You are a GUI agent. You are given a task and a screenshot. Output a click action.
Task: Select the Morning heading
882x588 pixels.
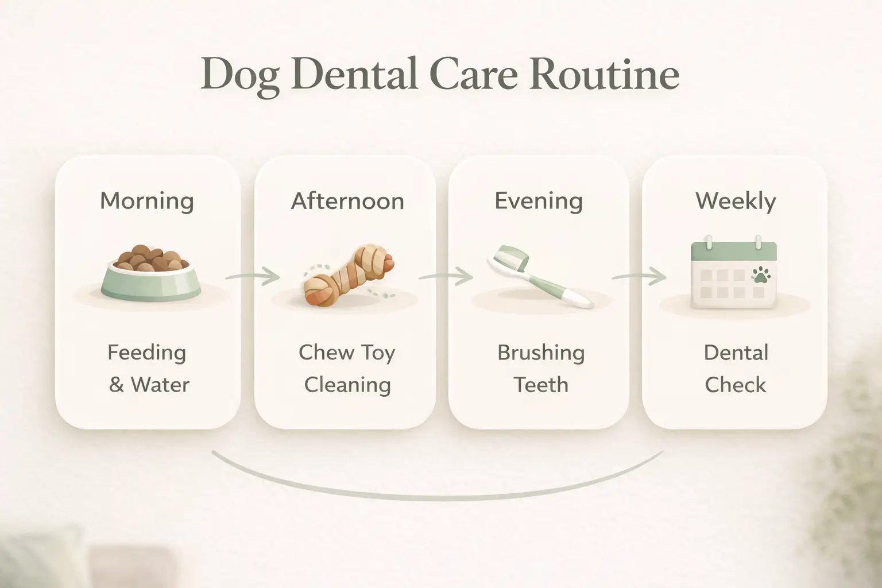[x=147, y=201]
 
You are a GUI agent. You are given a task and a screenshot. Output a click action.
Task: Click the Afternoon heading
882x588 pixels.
[x=347, y=201]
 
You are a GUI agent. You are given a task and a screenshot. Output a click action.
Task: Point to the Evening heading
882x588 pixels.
[x=539, y=201]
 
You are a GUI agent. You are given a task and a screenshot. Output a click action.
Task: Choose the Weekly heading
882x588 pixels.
[x=736, y=201]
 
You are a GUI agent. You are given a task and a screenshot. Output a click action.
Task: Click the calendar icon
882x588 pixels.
[x=734, y=273]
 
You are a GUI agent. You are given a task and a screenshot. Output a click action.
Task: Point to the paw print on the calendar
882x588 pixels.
[x=761, y=275]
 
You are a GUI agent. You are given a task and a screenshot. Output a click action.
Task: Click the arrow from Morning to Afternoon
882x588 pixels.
[x=253, y=277]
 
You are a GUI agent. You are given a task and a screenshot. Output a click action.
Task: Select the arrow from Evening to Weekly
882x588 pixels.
[x=639, y=277]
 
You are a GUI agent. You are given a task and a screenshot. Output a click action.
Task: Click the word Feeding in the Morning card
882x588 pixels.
[x=147, y=353]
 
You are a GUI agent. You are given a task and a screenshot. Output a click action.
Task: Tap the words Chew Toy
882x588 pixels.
[x=347, y=353]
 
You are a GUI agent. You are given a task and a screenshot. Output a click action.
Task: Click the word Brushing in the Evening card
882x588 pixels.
[x=541, y=353]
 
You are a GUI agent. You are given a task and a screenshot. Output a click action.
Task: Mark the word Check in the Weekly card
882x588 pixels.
[x=736, y=385]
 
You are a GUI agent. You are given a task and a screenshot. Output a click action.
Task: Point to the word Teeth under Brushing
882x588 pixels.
[x=541, y=385]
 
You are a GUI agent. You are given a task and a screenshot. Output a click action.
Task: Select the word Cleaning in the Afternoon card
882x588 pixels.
[x=347, y=385]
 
